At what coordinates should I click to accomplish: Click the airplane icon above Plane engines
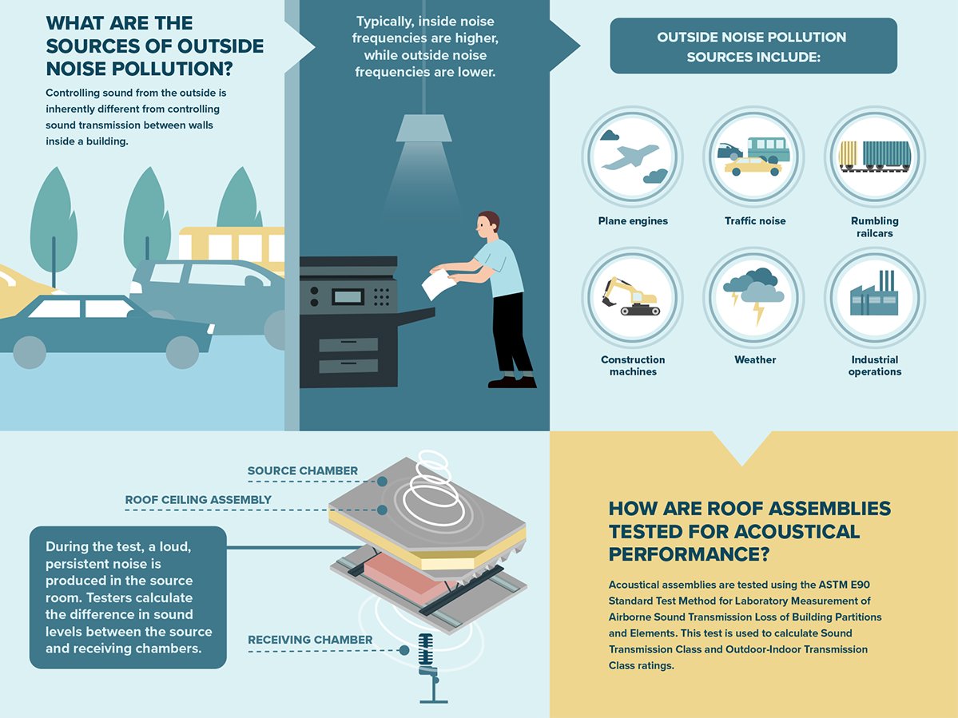coord(631,157)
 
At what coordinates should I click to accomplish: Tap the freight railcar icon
coord(874,155)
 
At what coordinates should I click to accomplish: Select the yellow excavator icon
coord(631,296)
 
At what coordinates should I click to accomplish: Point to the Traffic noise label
coord(755,221)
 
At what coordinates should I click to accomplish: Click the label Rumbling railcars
coord(875,227)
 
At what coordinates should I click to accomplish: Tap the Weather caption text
coord(755,360)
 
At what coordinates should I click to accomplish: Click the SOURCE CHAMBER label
coord(302,471)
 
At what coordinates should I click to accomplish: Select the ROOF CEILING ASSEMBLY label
coord(198,500)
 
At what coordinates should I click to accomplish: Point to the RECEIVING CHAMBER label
coord(310,640)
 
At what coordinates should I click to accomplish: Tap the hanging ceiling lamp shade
coord(423,129)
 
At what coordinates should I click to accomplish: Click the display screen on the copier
coord(348,296)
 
